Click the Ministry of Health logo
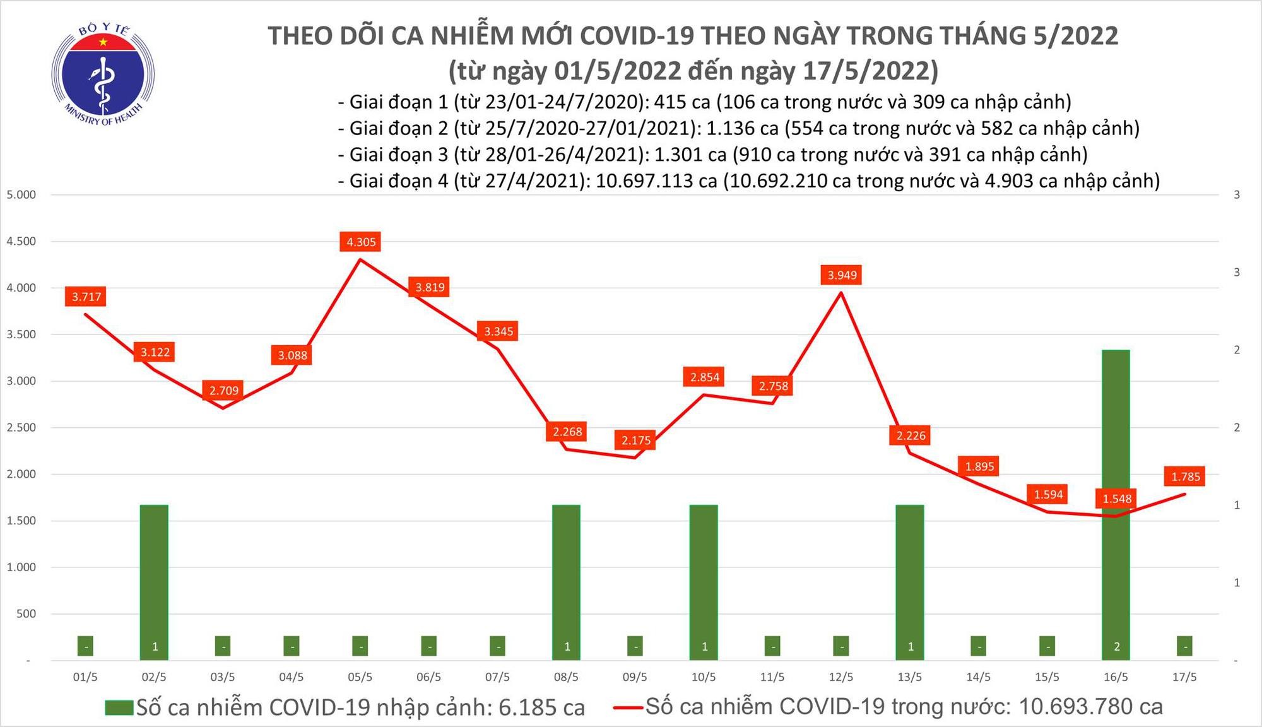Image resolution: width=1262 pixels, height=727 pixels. [103, 74]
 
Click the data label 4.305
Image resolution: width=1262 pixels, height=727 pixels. [361, 242]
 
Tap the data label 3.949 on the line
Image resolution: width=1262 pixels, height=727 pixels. [842, 275]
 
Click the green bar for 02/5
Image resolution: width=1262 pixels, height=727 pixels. [154, 581]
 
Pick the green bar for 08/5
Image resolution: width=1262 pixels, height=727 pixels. [566, 581]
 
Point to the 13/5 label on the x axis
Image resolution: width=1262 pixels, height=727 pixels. [909, 677]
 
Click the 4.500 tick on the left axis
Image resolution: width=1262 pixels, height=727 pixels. [21, 241]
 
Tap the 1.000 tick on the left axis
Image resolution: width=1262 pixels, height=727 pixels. [21, 567]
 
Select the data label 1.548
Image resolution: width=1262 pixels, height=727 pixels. [1117, 499]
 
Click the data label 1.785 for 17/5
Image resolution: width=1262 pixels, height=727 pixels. [1186, 476]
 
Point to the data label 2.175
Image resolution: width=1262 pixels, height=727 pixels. [635, 440]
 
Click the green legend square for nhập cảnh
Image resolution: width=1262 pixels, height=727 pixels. [120, 707]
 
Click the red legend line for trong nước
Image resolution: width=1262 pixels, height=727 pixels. [628, 707]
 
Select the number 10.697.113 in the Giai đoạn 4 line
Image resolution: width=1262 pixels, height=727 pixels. [656, 181]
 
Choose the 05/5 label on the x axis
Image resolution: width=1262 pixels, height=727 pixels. [360, 677]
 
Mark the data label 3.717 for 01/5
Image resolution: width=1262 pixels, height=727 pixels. [86, 297]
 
